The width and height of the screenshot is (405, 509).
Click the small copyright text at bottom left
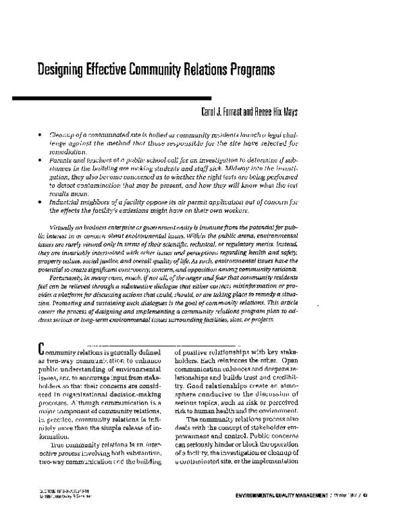pos(54,495)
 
